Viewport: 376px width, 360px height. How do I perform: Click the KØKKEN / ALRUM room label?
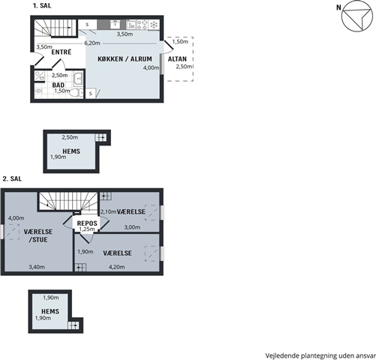pyautogui.click(x=125, y=59)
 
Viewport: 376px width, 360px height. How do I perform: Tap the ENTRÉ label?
pyautogui.click(x=62, y=52)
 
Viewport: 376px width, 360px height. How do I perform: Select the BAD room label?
pyautogui.click(x=58, y=85)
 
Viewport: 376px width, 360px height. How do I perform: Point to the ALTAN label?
pyautogui.click(x=177, y=59)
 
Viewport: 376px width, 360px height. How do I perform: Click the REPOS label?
pyautogui.click(x=87, y=223)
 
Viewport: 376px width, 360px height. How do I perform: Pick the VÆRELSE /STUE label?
pyautogui.click(x=38, y=235)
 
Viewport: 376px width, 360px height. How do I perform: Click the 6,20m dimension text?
pyautogui.click(x=92, y=43)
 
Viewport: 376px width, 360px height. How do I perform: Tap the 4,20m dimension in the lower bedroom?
pyautogui.click(x=116, y=267)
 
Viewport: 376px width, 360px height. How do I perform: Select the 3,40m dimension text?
pyautogui.click(x=37, y=267)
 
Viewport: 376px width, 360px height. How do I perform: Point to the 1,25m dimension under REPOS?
pyautogui.click(x=87, y=229)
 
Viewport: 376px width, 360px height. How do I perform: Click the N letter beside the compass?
pyautogui.click(x=338, y=7)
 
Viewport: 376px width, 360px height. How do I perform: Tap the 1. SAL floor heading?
pyautogui.click(x=42, y=6)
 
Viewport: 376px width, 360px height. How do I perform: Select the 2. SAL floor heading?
pyautogui.click(x=12, y=178)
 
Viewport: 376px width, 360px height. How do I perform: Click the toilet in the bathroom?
pyautogui.click(x=77, y=93)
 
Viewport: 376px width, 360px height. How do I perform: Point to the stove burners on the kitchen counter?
pyautogui.click(x=142, y=25)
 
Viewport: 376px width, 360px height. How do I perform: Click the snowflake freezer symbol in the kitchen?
pyautogui.click(x=154, y=25)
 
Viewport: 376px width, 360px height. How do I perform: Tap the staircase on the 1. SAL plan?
pyautogui.click(x=55, y=28)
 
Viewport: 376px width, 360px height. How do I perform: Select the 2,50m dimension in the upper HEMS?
pyautogui.click(x=70, y=137)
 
